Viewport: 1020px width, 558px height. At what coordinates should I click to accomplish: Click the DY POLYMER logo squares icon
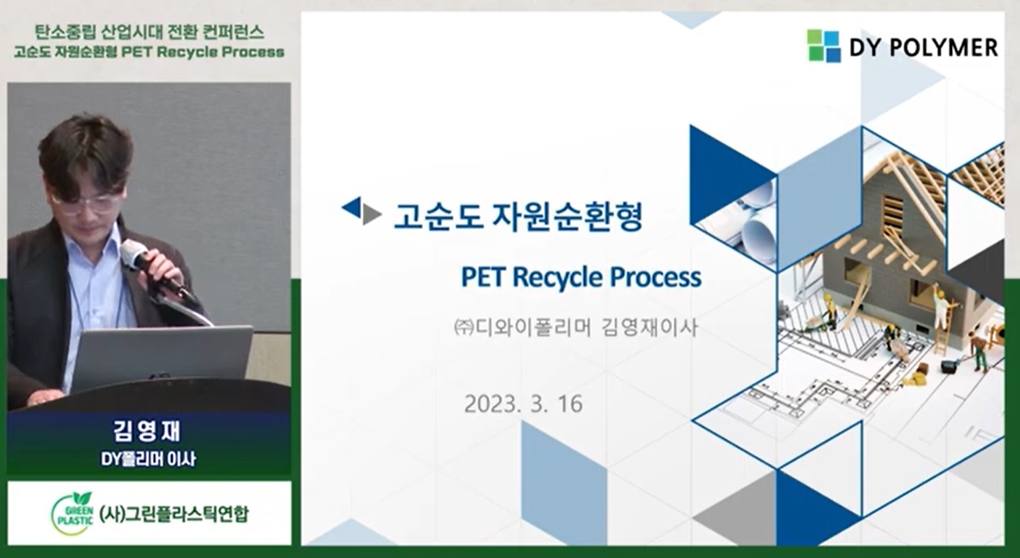(824, 45)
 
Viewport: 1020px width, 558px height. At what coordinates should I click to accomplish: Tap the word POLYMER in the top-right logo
(941, 47)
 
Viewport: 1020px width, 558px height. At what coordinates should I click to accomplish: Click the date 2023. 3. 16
(523, 403)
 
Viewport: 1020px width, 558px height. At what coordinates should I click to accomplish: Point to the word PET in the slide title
(483, 277)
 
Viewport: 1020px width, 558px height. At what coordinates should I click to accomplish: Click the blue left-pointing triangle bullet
(351, 207)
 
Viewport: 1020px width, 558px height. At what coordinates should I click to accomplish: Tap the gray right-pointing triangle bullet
(372, 215)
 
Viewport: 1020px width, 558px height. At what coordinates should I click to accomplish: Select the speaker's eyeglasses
(87, 203)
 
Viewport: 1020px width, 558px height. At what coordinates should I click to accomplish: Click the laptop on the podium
(162, 357)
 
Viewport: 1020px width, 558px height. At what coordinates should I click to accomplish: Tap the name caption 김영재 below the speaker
(147, 431)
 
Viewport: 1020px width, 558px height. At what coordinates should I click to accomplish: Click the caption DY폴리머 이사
(148, 458)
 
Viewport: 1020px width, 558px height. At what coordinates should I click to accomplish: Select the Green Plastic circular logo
(73, 513)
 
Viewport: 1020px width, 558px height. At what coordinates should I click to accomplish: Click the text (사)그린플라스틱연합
(174, 514)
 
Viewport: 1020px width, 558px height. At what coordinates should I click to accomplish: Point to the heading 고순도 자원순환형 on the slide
(518, 217)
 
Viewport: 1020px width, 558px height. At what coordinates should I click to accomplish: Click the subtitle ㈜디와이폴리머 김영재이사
(575, 328)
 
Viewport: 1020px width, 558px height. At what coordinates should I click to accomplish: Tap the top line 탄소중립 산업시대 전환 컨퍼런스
(150, 32)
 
